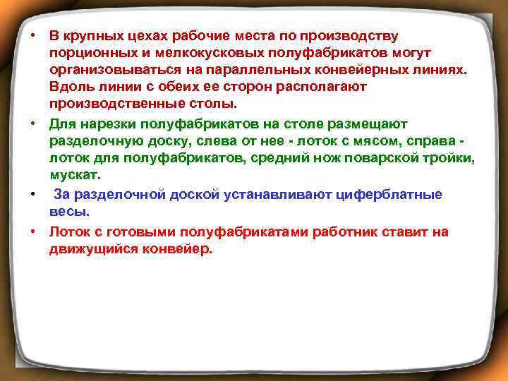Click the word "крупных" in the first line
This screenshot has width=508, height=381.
tap(92, 35)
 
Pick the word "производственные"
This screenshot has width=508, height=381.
tap(109, 105)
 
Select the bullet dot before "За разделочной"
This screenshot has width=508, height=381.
tap(33, 193)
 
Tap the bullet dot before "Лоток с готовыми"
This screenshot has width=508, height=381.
tap(33, 232)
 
